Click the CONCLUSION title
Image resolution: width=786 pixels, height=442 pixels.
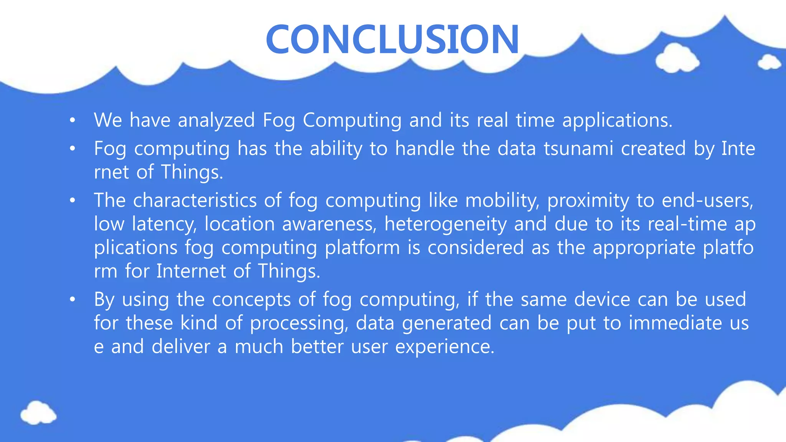(392, 40)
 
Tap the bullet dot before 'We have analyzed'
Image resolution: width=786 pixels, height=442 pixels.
(73, 121)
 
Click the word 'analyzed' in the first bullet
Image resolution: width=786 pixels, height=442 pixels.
(216, 120)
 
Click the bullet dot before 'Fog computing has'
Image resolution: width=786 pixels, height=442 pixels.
(73, 149)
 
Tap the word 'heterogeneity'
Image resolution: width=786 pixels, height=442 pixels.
(445, 224)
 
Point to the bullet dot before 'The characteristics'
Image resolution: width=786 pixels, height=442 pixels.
(73, 201)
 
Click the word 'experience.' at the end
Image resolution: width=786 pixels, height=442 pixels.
(445, 347)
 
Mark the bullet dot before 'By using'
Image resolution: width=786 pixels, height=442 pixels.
(73, 300)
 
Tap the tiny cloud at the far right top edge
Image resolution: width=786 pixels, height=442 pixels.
(769, 63)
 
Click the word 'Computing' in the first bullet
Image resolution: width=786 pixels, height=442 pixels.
(352, 120)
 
